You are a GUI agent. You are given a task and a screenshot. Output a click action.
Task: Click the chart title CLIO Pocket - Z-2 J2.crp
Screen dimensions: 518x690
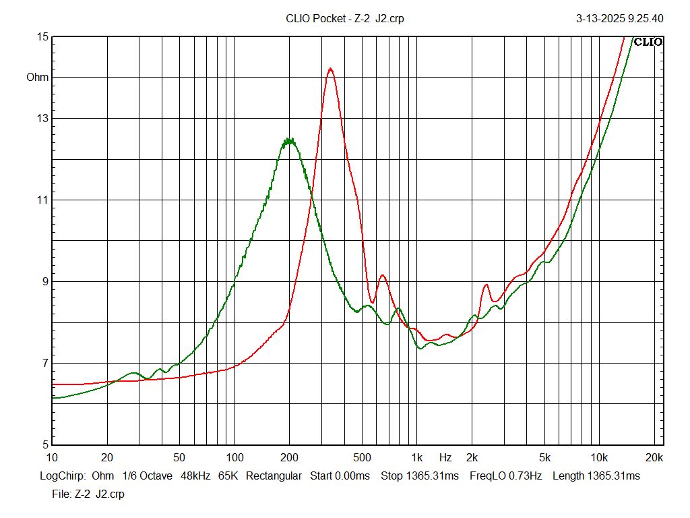[x=345, y=18]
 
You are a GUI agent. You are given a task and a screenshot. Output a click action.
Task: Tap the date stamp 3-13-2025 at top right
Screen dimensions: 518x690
[x=600, y=18]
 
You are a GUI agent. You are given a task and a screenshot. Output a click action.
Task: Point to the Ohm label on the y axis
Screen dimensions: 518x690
[x=38, y=78]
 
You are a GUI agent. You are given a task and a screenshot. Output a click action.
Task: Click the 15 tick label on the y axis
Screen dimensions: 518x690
[x=42, y=37]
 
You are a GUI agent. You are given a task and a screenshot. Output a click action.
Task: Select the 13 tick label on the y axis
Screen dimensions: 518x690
[x=42, y=119]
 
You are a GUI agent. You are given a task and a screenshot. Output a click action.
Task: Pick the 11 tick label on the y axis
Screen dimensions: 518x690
[x=42, y=200]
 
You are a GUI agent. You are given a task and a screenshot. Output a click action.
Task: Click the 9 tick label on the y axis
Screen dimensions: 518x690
[x=44, y=282]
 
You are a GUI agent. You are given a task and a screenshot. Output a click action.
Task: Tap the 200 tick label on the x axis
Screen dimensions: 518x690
[x=290, y=458]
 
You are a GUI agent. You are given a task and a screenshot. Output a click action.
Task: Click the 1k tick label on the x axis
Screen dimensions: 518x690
[x=417, y=458]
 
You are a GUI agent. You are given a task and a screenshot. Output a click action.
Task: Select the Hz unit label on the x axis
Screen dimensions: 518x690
[x=445, y=458]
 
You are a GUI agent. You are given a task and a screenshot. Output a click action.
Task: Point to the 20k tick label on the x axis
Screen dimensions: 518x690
[x=654, y=458]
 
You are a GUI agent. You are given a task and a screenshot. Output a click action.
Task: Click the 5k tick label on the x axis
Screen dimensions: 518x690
[x=544, y=458]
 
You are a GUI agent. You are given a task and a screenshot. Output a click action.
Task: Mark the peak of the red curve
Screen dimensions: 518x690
[x=330, y=69]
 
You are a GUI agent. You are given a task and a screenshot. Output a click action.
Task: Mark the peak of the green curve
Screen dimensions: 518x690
[x=289, y=140]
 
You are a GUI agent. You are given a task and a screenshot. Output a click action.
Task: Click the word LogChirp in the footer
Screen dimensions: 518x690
[x=63, y=476]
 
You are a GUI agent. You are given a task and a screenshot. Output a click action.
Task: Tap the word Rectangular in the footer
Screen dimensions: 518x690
[x=274, y=476]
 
